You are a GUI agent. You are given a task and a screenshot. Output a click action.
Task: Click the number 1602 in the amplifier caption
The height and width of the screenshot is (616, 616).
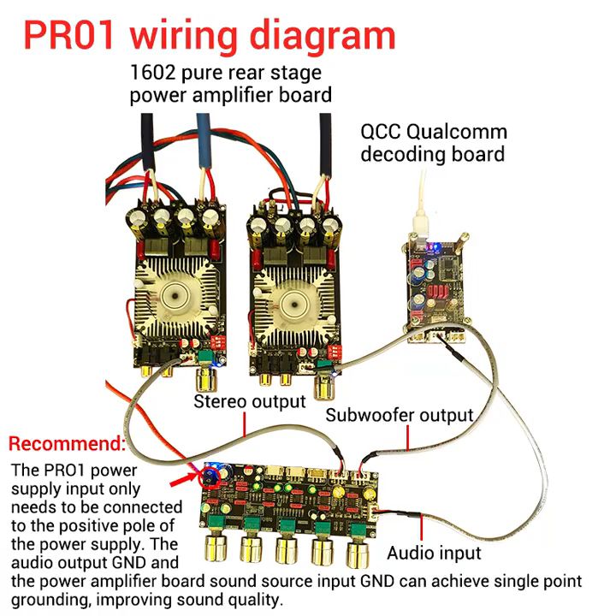(x=151, y=72)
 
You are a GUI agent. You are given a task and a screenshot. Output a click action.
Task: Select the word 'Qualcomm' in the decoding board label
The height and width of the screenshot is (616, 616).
(x=465, y=133)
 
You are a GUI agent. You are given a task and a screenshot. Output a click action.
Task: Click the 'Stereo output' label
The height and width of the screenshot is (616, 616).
(x=250, y=401)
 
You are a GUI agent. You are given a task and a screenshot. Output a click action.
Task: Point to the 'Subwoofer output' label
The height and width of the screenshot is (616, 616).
(x=400, y=415)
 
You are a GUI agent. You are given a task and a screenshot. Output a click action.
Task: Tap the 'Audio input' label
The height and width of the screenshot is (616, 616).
(x=434, y=553)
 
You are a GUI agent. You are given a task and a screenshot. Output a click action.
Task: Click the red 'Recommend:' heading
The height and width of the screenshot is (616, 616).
(x=67, y=444)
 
